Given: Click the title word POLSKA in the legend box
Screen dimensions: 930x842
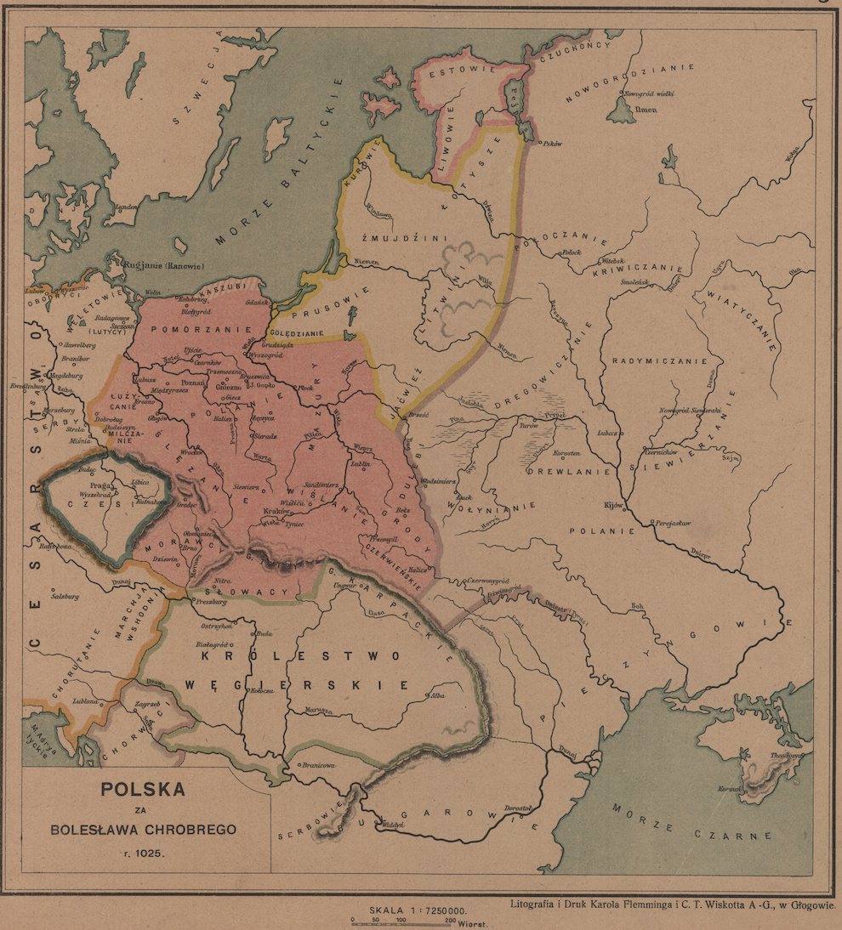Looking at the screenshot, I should click(x=143, y=787).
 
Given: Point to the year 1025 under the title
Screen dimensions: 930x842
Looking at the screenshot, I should click(x=143, y=852).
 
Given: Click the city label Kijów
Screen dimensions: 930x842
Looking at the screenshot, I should click(x=613, y=504).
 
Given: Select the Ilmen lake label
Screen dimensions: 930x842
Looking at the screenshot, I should click(x=647, y=110).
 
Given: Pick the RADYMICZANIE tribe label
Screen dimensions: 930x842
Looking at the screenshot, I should click(x=660, y=360).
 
